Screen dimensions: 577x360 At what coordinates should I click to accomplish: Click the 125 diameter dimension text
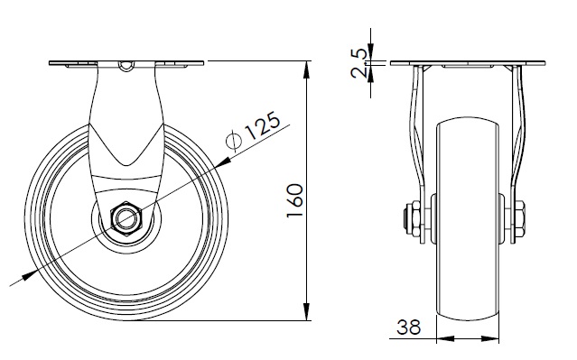[263, 125]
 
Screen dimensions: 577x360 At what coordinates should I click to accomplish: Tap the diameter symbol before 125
[234, 141]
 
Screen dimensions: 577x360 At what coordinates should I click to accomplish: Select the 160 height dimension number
[295, 200]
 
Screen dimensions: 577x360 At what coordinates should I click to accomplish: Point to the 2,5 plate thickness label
[358, 63]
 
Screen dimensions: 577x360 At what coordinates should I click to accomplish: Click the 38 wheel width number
[408, 327]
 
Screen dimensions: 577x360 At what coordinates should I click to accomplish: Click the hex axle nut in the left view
[126, 218]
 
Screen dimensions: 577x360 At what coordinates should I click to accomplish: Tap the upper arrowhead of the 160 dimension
[306, 70]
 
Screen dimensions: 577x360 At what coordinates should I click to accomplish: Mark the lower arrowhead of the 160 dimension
[306, 311]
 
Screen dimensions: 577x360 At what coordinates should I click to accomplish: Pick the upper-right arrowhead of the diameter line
[224, 162]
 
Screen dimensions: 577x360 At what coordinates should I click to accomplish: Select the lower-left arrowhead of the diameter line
[30, 275]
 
